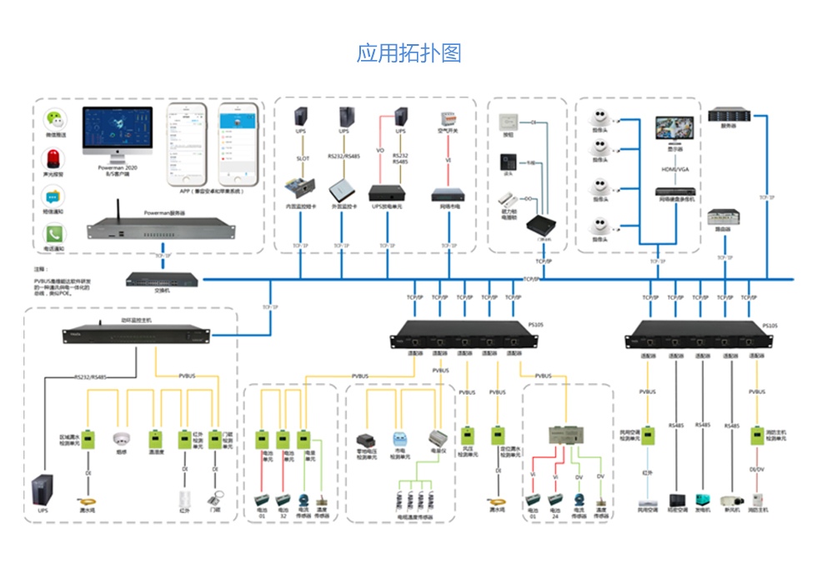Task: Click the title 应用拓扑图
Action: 408,53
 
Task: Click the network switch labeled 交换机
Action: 163,278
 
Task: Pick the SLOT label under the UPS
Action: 303,157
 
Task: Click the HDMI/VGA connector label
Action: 675,169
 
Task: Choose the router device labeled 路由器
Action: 723,217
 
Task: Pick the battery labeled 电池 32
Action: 283,502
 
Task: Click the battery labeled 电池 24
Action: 556,502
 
